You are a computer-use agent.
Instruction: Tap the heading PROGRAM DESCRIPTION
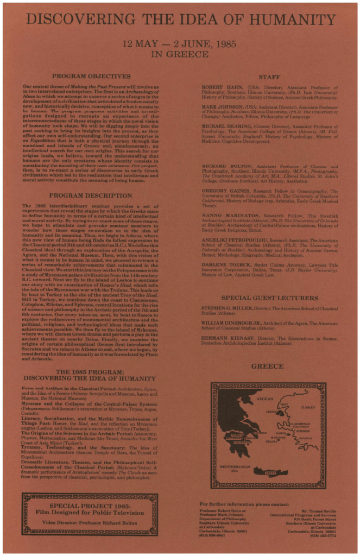(x=87, y=195)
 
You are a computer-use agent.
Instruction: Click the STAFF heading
(x=269, y=77)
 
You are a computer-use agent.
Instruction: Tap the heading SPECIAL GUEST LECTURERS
(x=269, y=298)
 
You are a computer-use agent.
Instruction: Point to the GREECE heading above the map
(x=267, y=367)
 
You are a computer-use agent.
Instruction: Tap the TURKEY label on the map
(x=308, y=407)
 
